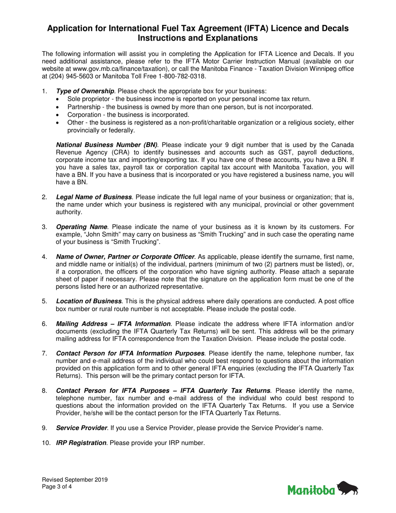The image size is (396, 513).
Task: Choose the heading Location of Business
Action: [x=89, y=301]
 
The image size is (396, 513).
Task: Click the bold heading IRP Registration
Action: [x=81, y=443]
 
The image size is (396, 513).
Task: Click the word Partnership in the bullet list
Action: [x=83, y=107]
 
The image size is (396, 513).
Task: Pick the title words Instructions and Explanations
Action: [x=198, y=38]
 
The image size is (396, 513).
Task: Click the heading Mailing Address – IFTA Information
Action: [x=113, y=324]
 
